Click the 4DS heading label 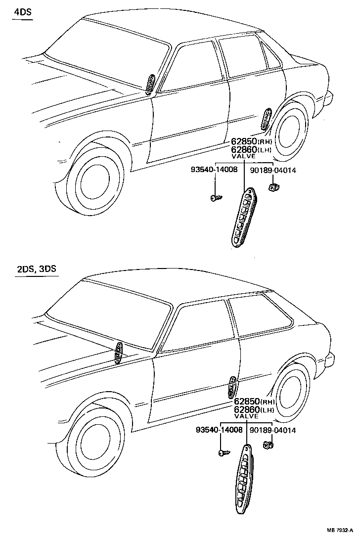pos(22,12)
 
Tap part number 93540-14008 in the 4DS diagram pos(214,170)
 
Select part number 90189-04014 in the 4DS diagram pos(273,170)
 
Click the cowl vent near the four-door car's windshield pos(150,83)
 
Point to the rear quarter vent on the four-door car pos(266,119)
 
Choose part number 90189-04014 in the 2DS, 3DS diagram pos(272,430)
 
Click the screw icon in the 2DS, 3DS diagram pos(223,452)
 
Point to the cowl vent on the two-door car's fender pos(119,352)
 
